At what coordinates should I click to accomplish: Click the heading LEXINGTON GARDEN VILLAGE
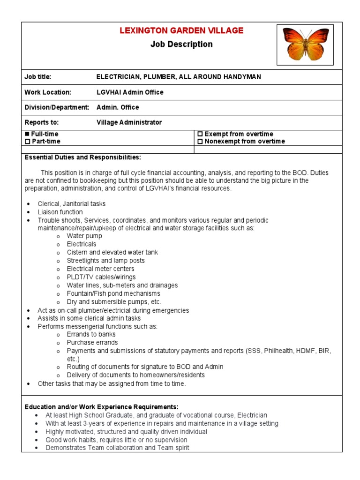coord(181,31)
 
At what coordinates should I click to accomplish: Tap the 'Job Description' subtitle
coord(181,45)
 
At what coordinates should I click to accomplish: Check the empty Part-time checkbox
coord(27,142)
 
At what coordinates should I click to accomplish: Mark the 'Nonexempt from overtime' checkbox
coord(200,142)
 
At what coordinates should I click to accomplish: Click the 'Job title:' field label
coord(38,77)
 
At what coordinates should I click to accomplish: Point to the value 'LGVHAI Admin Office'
coord(130,92)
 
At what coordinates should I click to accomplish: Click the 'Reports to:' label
coord(42,122)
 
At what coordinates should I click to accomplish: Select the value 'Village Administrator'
coord(129,122)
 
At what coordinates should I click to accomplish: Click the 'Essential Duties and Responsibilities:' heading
coord(82,157)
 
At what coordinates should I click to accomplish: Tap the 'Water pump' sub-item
coord(84,236)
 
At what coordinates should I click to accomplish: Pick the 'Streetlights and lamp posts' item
coord(105,261)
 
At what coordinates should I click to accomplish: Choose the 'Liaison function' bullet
coord(60,212)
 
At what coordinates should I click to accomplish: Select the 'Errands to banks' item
coord(91,334)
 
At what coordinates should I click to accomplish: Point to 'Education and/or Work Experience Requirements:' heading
coord(101,406)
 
